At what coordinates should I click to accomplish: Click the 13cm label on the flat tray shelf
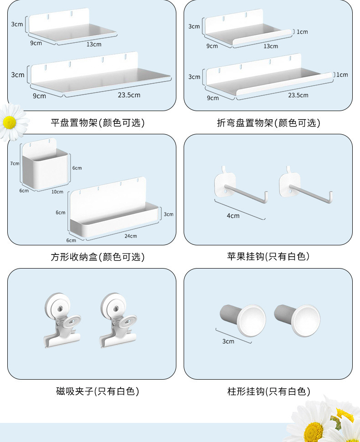coord(94,44)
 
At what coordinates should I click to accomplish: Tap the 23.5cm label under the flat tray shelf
coord(129,95)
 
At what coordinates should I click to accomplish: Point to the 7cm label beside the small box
coord(15,163)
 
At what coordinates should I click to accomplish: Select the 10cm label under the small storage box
coord(57,192)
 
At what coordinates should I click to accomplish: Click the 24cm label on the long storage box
coord(131,236)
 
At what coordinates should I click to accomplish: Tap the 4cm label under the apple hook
coord(233,216)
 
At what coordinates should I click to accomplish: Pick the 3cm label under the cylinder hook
coord(228,341)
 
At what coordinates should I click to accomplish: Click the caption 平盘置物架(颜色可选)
coord(98,122)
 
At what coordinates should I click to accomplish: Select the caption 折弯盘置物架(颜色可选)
coord(268,123)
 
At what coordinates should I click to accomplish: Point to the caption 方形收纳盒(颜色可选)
coord(98,257)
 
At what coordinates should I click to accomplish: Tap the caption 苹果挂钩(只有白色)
coord(268,257)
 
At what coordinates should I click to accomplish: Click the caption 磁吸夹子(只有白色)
coord(98,391)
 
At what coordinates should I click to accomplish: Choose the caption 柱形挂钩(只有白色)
coord(268,391)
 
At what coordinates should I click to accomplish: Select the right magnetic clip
coord(118,320)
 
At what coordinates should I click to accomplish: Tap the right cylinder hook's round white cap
coord(306,320)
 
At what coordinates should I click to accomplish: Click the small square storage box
coord(45,165)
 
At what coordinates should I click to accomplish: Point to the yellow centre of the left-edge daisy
coord(10,122)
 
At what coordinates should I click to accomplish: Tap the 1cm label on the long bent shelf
coord(342,75)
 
